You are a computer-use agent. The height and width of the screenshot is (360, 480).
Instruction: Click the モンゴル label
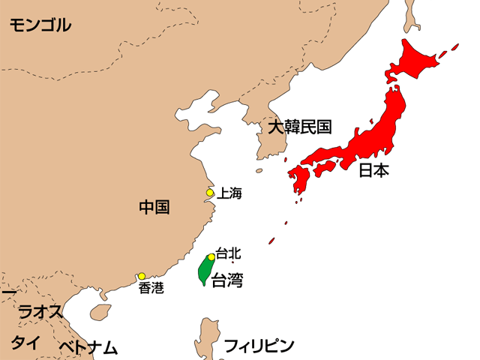point(40,25)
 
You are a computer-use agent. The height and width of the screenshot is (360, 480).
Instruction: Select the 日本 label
point(373,170)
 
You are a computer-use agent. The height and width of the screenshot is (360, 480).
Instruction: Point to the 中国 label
point(154,207)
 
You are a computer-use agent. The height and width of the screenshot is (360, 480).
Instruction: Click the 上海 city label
point(229,193)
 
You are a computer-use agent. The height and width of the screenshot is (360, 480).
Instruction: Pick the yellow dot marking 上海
point(210,193)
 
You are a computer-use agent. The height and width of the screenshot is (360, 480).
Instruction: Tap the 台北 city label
point(228,253)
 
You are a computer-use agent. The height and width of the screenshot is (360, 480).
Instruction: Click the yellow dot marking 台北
point(211,257)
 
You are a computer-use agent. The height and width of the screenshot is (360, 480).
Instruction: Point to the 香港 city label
point(151,288)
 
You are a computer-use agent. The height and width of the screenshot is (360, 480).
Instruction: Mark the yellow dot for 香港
point(141,276)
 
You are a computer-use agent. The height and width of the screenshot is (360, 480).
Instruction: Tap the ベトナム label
point(88,347)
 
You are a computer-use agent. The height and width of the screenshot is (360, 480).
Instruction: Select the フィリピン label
point(259,346)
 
